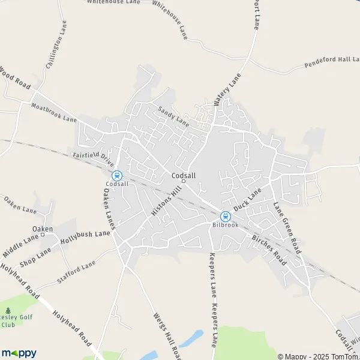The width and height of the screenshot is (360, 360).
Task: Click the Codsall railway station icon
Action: point(117,176)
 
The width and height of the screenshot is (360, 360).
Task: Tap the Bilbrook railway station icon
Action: point(225,217)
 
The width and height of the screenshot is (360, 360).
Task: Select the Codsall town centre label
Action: point(184,176)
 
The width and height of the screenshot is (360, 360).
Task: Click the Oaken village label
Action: point(43,229)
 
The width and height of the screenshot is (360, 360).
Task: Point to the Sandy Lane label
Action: point(173,116)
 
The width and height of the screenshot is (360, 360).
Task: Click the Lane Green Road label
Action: point(286,227)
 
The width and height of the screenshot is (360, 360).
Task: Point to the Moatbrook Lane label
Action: point(56,111)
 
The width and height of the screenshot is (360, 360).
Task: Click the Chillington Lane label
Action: point(55,45)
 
